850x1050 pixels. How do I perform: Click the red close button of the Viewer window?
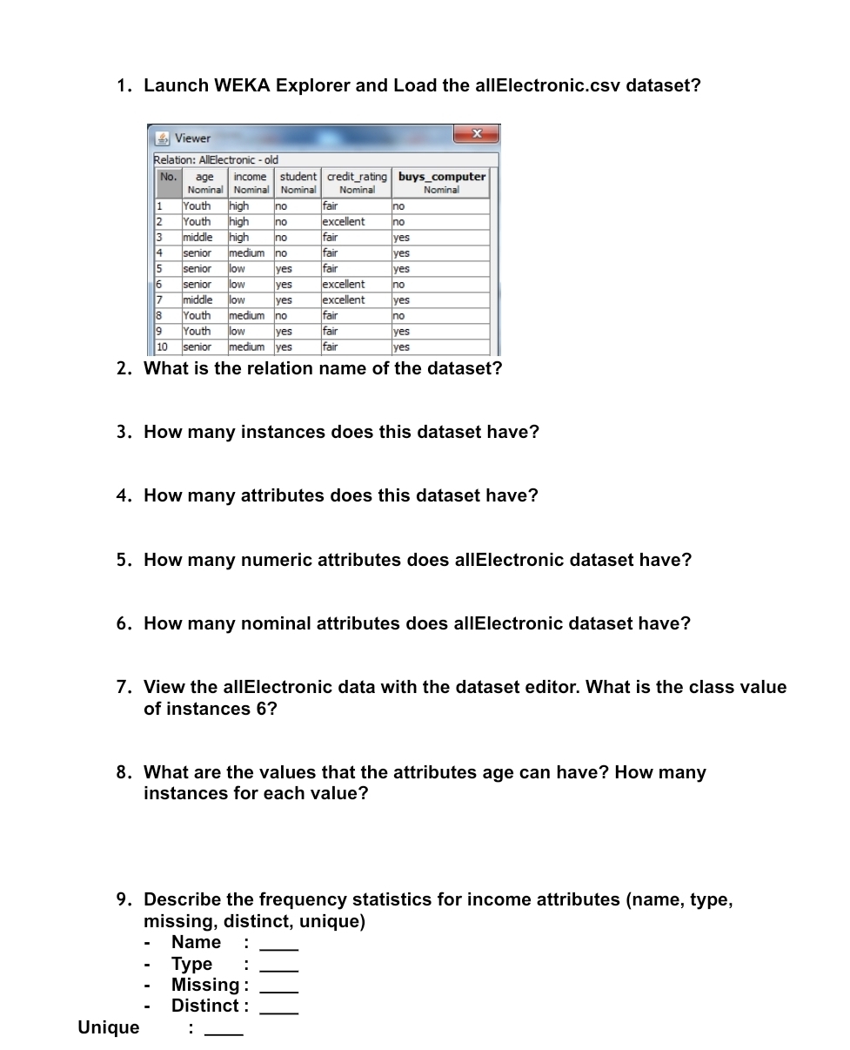point(476,133)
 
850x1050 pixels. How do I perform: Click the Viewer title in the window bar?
point(192,138)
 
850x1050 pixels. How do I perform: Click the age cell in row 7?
point(197,300)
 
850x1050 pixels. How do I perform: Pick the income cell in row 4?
point(246,252)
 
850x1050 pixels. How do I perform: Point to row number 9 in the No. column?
point(160,331)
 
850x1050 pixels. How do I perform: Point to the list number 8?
point(124,772)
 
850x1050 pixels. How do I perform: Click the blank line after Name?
point(279,944)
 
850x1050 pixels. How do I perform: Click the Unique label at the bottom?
point(109,1027)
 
